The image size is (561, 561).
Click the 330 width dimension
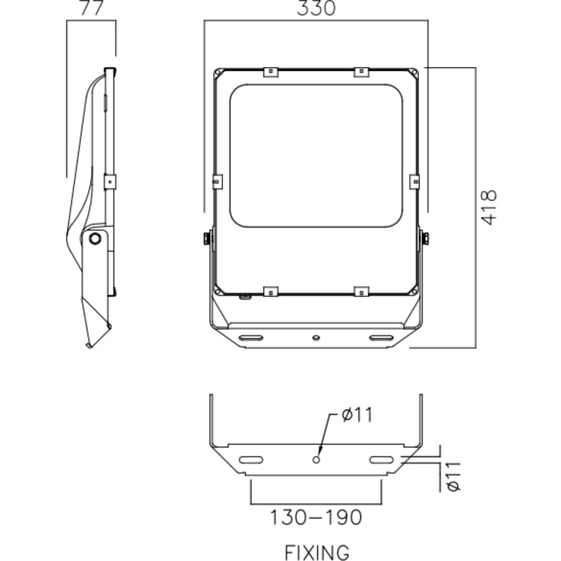click(316, 8)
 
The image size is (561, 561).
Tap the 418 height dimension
click(488, 207)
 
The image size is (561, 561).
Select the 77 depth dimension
click(92, 8)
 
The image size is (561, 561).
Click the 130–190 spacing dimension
click(316, 517)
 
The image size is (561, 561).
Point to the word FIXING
click(317, 553)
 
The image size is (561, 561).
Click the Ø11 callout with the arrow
click(356, 415)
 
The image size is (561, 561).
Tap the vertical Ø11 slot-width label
click(453, 476)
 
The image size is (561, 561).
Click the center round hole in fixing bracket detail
click(316, 459)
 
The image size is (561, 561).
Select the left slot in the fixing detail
click(251, 459)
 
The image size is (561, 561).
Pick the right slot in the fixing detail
click(382, 459)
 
